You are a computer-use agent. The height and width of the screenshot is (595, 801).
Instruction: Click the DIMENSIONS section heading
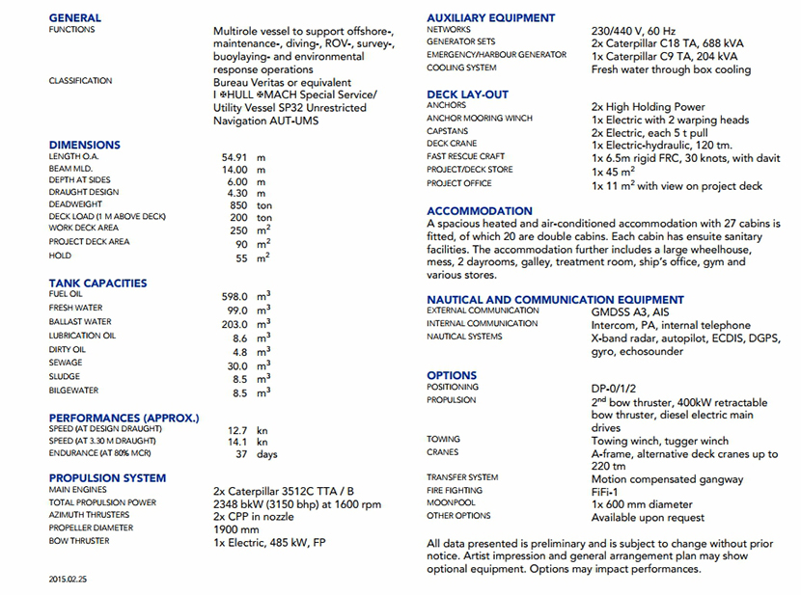click(x=85, y=145)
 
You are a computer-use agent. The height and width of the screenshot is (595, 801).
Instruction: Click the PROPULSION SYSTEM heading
click(x=107, y=477)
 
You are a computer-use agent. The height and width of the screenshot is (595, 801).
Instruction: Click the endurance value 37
click(x=241, y=454)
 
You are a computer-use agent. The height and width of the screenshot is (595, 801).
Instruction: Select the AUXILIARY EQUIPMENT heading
click(x=491, y=17)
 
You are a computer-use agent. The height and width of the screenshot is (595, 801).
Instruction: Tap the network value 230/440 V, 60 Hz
click(x=633, y=30)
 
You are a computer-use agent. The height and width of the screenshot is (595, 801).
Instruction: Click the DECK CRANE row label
click(x=452, y=144)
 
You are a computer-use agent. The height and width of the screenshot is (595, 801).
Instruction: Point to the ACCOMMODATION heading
click(x=480, y=211)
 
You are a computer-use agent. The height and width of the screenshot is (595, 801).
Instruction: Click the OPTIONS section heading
click(x=452, y=375)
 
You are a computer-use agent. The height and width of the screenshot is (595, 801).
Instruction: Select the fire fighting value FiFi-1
click(x=608, y=491)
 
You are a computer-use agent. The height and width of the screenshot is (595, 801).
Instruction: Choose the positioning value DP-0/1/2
click(x=619, y=389)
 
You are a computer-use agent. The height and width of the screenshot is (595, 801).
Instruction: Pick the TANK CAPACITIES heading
click(x=97, y=283)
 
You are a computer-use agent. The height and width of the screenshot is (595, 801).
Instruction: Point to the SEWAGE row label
click(x=66, y=363)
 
